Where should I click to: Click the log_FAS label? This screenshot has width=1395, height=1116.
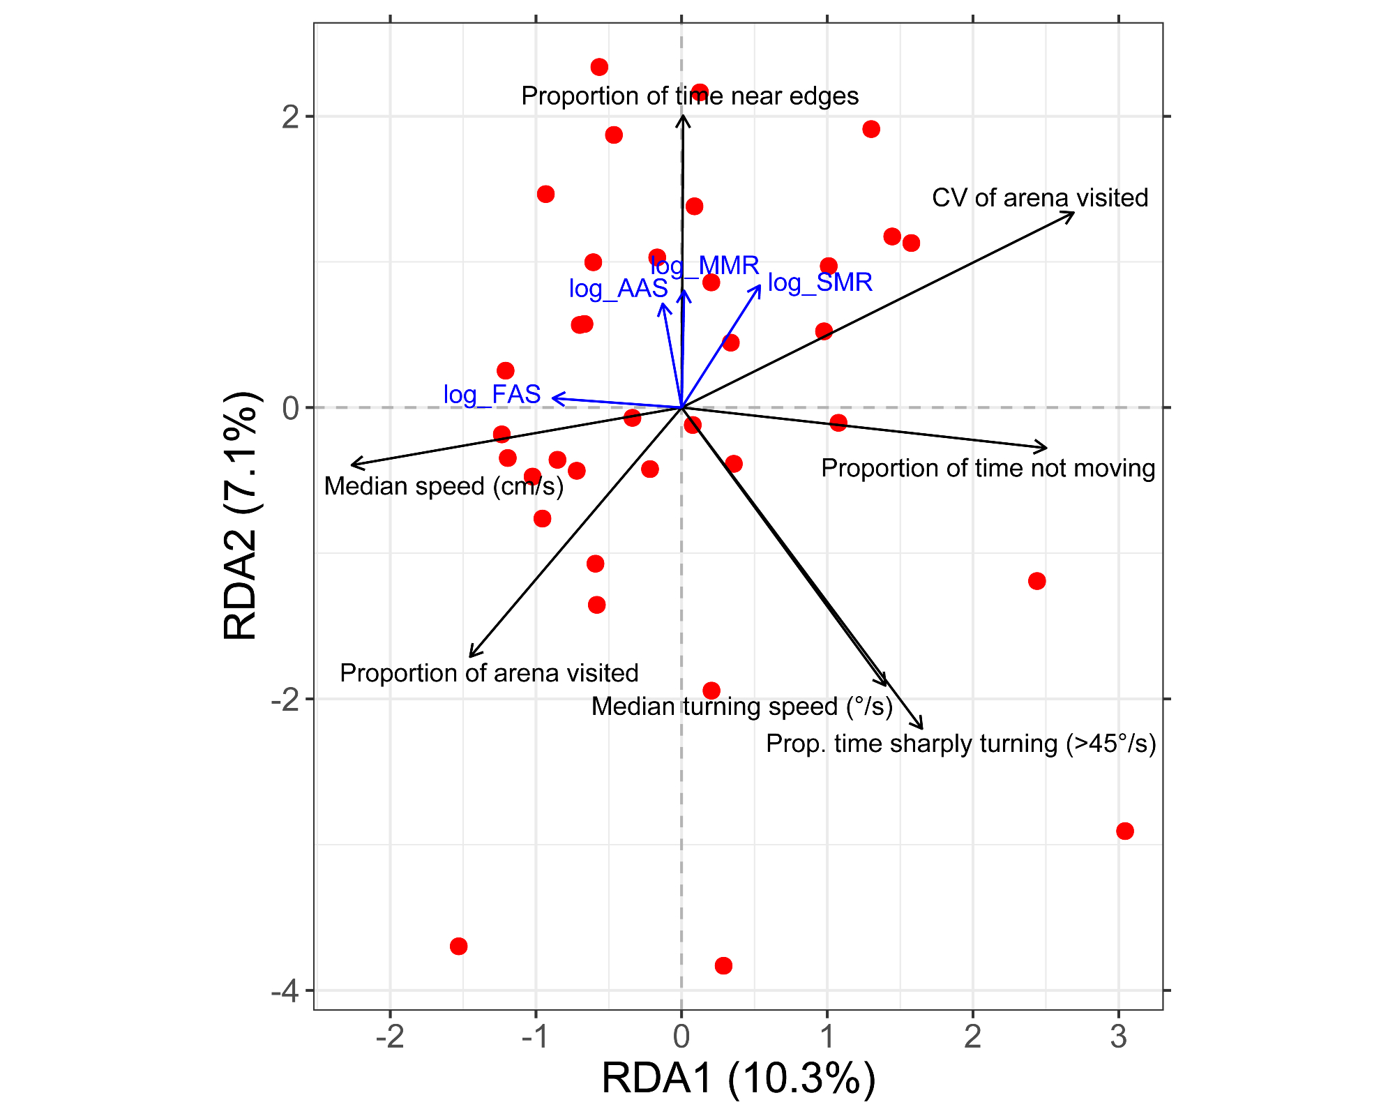coord(492,395)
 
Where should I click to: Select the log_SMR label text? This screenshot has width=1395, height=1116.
coord(820,282)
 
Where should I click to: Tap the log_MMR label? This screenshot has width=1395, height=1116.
coord(704,266)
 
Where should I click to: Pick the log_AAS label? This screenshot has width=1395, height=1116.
coord(618,288)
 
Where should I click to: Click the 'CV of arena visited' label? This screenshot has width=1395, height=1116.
coord(1039,198)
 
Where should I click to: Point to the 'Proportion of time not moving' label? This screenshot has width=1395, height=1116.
coord(988,468)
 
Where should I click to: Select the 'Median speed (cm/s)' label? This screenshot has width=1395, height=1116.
coord(444,486)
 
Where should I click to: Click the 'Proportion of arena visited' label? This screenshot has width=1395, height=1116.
coord(489,673)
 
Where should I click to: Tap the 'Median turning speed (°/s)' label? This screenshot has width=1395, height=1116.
coord(742,707)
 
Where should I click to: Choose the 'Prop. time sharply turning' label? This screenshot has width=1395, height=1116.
coord(960,744)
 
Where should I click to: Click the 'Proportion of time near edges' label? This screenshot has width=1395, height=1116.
coord(690,96)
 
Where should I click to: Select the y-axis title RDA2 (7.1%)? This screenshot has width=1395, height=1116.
coord(240,516)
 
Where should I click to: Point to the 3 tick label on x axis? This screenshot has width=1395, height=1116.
coord(1118,1037)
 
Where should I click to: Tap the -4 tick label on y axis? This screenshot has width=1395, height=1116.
coord(285,990)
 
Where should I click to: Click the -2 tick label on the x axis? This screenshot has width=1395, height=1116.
coord(390,1037)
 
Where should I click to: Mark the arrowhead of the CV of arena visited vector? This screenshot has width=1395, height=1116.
coord(1073,213)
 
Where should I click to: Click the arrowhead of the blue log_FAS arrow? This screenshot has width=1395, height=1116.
coord(553,398)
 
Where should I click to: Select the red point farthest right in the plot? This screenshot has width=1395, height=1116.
coord(1124,831)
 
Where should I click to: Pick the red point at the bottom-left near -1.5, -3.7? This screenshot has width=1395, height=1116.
coord(458,947)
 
